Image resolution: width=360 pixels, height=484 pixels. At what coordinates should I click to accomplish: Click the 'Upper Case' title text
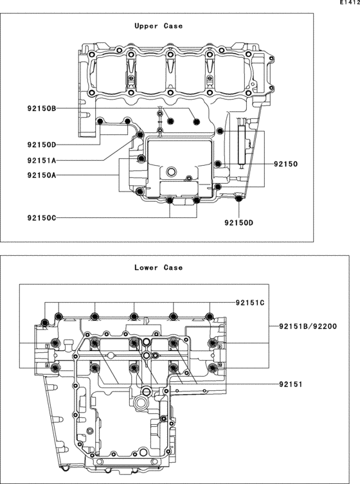tap(158, 26)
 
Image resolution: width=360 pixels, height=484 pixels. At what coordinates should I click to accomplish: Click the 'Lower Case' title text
tap(158, 267)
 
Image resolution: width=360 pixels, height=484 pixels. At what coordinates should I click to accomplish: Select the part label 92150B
tap(42, 109)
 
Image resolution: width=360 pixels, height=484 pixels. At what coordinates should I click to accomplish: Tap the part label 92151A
tap(42, 160)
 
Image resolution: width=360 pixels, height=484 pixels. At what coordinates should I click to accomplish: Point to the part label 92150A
tap(42, 175)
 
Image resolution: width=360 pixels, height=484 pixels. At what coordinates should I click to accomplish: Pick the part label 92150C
tap(42, 218)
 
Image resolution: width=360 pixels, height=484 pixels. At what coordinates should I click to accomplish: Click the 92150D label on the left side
tap(42, 145)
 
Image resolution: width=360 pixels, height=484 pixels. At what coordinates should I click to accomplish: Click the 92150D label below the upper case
tap(239, 222)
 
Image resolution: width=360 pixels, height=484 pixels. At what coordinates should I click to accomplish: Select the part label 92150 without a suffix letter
tap(286, 164)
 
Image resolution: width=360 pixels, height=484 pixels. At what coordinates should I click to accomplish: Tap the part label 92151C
tap(250, 303)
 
